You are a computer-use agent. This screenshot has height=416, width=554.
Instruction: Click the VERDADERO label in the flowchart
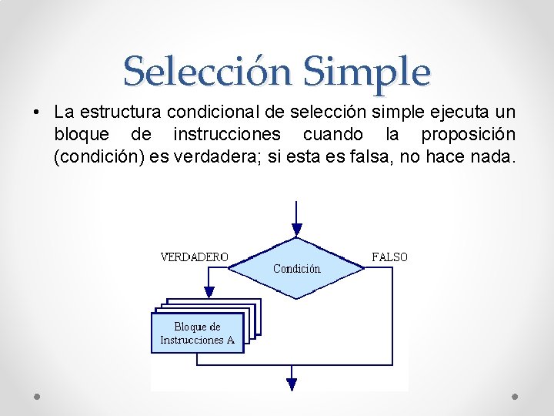194,257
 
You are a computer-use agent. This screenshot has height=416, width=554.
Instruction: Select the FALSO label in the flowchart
389,257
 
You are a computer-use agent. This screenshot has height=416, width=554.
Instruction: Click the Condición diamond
297,268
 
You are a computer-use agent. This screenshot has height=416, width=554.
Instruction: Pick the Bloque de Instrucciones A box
197,334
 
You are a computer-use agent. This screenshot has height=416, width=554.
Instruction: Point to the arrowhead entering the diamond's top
297,230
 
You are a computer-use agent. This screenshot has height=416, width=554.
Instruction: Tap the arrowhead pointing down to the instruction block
208,293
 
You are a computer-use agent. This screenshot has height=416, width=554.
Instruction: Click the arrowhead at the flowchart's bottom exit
292,383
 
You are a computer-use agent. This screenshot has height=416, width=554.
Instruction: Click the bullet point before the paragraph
36,113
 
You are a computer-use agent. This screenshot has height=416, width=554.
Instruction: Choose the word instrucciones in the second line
227,136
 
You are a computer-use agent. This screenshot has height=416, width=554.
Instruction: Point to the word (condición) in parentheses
95,158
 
